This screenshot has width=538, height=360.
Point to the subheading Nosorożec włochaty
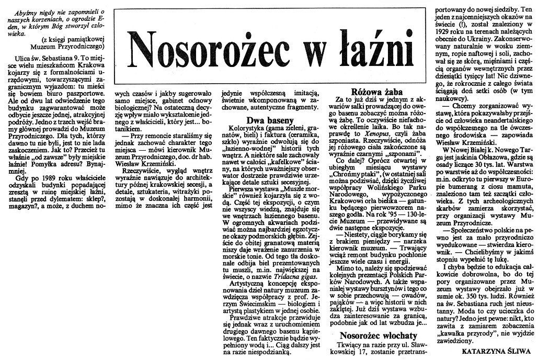378,335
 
